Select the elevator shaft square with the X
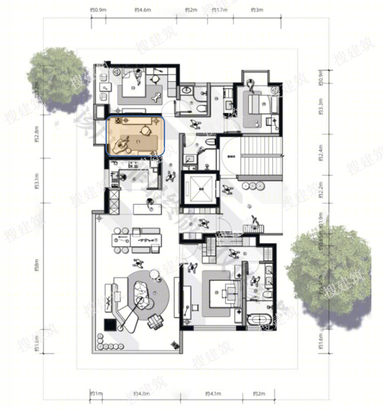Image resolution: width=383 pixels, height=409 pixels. [200, 189]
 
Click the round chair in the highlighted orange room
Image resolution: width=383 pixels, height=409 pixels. [146, 130]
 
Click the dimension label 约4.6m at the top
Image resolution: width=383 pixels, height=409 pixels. [141, 10]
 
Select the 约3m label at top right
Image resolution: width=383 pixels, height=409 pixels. [256, 10]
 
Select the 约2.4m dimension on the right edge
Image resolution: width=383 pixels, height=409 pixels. [321, 155]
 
